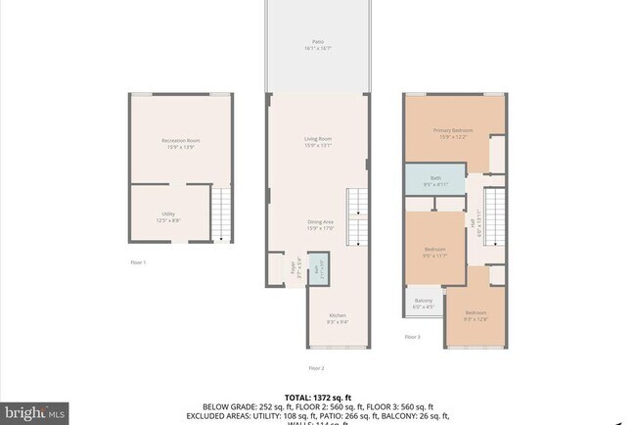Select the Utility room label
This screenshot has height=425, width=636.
pyautogui.click(x=168, y=216)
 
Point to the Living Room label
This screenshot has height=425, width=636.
pyautogui.click(x=318, y=142)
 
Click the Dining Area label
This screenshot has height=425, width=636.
pyautogui.click(x=320, y=225)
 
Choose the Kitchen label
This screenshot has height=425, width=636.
pyautogui.click(x=324, y=317)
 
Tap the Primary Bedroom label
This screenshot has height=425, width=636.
pyautogui.click(x=455, y=132)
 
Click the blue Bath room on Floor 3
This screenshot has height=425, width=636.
pyautogui.click(x=435, y=180)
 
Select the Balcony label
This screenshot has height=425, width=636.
pyautogui.click(x=424, y=303)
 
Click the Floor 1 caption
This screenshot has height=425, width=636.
pyautogui.click(x=138, y=262)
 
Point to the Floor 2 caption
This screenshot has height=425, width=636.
pyautogui.click(x=316, y=368)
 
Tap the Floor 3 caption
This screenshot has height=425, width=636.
pyautogui.click(x=413, y=336)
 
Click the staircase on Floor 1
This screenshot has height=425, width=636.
pyautogui.click(x=224, y=215)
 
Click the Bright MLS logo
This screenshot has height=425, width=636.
pyautogui.click(x=34, y=412)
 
